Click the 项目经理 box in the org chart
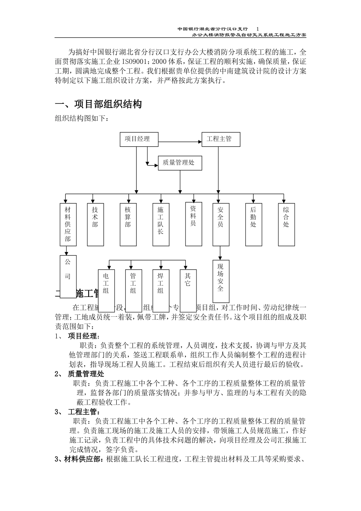(x=137, y=139)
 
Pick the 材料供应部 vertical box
(x=68, y=224)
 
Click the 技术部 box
(x=95, y=224)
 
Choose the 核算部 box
(x=128, y=224)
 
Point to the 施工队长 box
(x=160, y=224)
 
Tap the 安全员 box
(x=221, y=224)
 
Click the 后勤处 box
(x=253, y=224)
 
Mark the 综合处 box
(x=286, y=224)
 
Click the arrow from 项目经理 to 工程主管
(x=179, y=142)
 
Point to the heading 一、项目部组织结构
(x=99, y=104)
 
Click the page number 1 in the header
(x=258, y=29)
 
